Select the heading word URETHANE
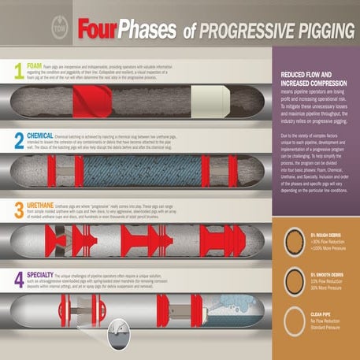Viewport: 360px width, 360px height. [x=43, y=203]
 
